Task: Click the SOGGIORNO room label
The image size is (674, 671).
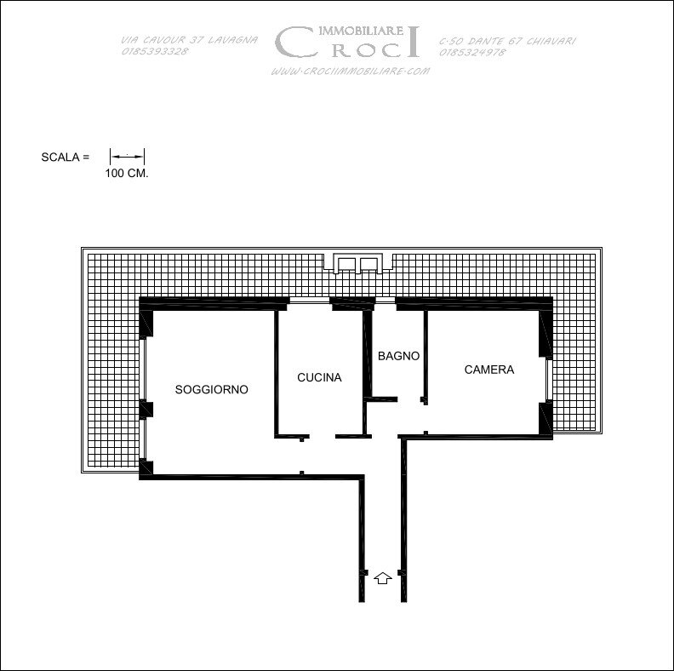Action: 212,389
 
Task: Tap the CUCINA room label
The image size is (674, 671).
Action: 319,377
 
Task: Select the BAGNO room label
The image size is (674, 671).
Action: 398,356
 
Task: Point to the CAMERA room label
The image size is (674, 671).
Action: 489,370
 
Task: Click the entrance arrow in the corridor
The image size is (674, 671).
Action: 383,578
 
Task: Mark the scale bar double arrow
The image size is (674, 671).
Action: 128,157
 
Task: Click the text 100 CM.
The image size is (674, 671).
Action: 127,174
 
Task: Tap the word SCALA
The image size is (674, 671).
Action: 60,157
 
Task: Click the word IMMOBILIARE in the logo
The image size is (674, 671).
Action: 361,30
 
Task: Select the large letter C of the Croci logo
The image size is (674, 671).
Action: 294,42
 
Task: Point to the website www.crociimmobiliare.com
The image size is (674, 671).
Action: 351,71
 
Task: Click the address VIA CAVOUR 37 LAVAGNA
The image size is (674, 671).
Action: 189,40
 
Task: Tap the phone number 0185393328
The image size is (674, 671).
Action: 155,51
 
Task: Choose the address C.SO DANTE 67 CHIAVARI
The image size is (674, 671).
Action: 507,41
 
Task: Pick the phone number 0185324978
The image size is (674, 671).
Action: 472,53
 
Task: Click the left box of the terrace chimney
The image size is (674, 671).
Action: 346,264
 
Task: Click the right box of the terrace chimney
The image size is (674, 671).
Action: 368,264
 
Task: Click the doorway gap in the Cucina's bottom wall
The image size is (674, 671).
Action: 322,436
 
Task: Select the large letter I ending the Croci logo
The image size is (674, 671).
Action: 413,41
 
